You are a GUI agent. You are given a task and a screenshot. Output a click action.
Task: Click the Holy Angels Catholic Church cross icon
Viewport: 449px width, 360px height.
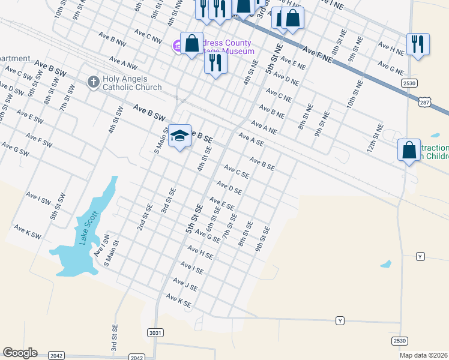[93, 82]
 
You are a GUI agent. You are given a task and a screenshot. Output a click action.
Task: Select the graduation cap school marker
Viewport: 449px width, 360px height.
[179, 137]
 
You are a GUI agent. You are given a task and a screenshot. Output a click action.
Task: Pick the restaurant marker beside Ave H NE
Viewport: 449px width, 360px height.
[418, 44]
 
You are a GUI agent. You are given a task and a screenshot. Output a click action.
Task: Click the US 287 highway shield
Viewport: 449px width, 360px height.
[424, 103]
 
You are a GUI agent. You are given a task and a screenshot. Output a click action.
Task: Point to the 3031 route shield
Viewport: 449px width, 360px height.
[154, 332]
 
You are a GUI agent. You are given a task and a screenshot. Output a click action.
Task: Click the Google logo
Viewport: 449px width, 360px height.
[20, 353]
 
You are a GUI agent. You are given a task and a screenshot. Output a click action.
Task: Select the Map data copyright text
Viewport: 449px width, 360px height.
[423, 355]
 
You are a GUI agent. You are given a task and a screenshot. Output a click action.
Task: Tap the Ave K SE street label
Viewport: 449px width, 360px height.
[178, 301]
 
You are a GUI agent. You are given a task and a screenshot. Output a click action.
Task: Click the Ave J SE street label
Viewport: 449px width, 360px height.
[185, 284]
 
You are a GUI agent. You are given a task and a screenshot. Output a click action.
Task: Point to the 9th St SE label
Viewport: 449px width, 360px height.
[262, 238]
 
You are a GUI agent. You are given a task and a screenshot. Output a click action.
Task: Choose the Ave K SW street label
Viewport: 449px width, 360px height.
[28, 233]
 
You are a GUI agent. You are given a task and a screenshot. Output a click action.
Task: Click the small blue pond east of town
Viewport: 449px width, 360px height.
[386, 263]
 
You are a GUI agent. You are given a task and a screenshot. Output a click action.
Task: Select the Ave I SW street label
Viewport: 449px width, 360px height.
[38, 199]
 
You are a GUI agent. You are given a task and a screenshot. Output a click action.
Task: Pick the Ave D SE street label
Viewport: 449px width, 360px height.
[229, 188]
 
